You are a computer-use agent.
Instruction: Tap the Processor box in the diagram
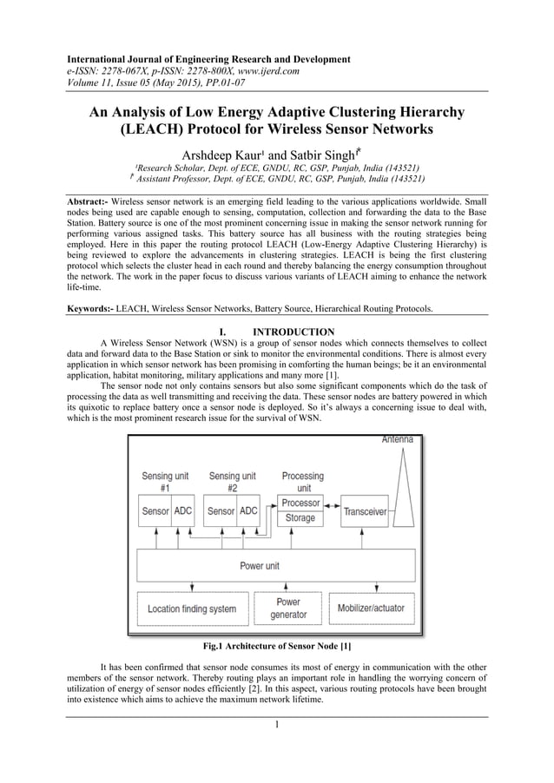pos(300,503)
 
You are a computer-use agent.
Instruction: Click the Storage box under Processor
pos(300,518)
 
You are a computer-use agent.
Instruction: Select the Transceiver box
pos(365,511)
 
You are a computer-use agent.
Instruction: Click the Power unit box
pos(260,566)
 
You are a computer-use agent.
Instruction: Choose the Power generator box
pos(288,608)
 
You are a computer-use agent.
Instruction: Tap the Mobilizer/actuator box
pos(371,609)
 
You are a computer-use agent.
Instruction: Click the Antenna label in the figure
pos(397,440)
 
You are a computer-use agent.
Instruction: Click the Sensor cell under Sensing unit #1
pos(155,511)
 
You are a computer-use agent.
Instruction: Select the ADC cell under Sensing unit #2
pos(248,511)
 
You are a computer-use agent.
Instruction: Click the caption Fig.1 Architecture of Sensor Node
pos(276,646)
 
